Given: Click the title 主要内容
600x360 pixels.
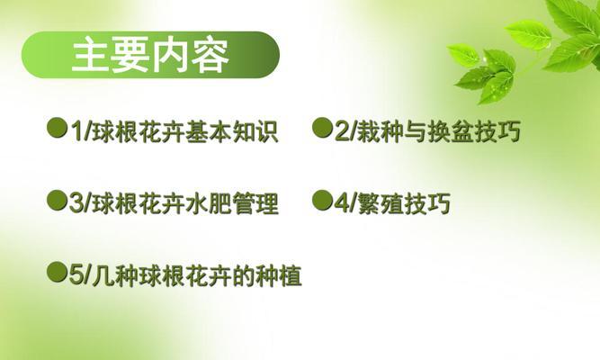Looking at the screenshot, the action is [x=151, y=55].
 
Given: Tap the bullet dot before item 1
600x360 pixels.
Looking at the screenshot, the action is [x=57, y=128].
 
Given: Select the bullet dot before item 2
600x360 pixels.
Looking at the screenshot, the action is [x=322, y=128].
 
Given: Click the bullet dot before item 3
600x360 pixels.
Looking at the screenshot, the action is [x=57, y=200].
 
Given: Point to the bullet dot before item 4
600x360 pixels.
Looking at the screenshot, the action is [x=322, y=200].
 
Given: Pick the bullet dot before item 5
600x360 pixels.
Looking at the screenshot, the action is [x=57, y=272].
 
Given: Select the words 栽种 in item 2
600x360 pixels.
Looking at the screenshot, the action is [x=380, y=131].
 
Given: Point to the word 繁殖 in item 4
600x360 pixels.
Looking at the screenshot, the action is [x=380, y=203].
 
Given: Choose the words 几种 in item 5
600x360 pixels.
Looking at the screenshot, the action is [x=115, y=275].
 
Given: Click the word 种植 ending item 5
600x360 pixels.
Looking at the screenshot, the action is [x=279, y=275].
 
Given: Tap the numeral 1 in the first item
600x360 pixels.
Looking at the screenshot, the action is [x=76, y=131].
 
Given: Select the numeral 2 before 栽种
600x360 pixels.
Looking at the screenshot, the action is [x=341, y=131].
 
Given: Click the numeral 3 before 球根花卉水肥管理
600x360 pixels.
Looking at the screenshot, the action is [x=76, y=203].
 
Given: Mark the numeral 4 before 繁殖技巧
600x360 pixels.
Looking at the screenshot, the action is [x=341, y=203].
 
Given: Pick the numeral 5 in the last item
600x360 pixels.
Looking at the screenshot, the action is [x=76, y=275].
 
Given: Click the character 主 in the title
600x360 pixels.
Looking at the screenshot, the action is [x=91, y=55].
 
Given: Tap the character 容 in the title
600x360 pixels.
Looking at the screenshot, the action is [x=210, y=55].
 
